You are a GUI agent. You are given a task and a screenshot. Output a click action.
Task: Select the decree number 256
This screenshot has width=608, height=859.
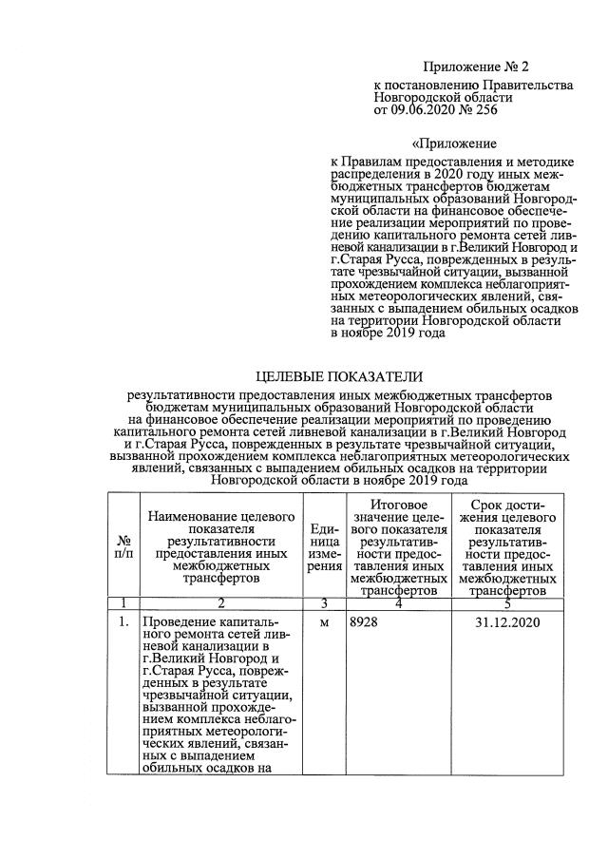point(484,110)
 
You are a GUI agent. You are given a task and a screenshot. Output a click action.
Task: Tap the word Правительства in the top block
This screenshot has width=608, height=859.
point(528,86)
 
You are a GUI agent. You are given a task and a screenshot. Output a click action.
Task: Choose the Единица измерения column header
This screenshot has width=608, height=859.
point(326,546)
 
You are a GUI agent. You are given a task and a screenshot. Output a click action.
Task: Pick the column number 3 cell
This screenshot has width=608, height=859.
point(324,603)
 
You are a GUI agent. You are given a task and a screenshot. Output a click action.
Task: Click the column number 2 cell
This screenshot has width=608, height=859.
point(220,603)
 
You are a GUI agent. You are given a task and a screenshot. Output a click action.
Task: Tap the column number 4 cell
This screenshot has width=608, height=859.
point(397,603)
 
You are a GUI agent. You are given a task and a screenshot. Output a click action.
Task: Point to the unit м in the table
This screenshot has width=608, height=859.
point(324,622)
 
